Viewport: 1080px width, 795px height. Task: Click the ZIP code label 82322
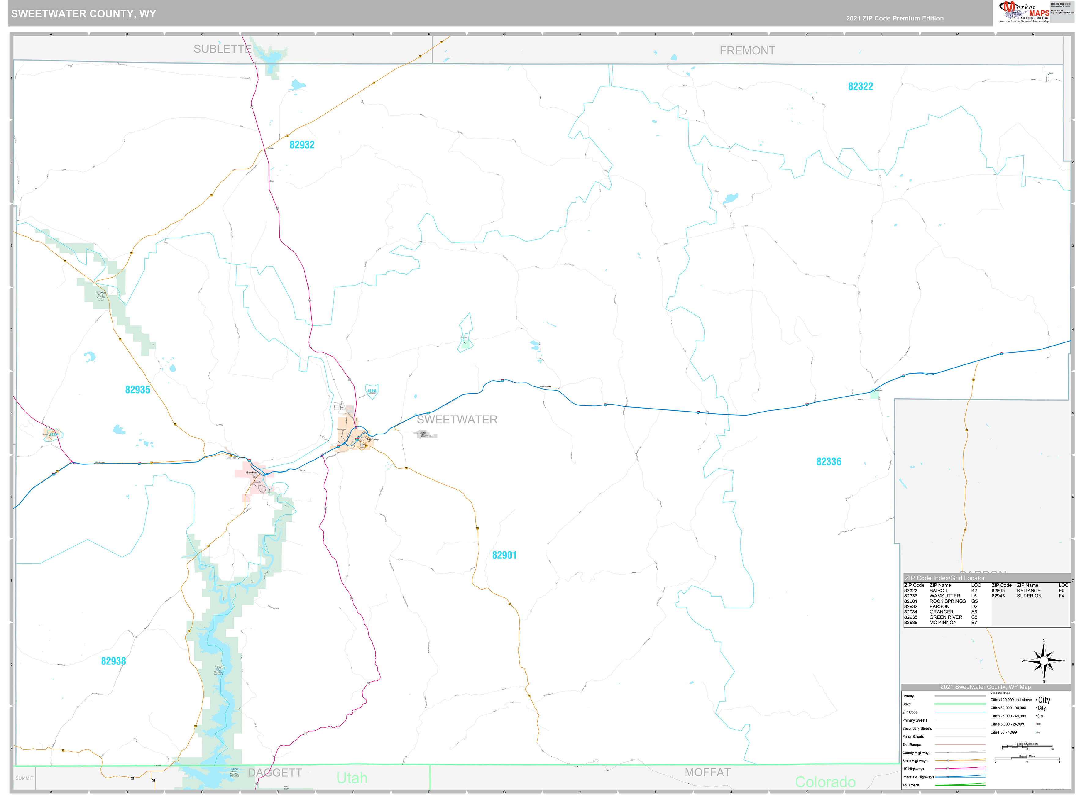click(860, 87)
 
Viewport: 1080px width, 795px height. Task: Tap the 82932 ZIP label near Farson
click(302, 145)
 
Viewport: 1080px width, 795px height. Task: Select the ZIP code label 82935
click(137, 390)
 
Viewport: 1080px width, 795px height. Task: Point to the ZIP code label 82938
click(113, 661)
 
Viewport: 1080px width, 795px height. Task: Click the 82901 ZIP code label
click(504, 555)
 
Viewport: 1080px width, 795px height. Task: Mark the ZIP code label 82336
click(828, 462)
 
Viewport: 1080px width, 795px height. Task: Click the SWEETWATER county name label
click(457, 420)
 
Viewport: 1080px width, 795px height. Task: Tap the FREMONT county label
click(747, 50)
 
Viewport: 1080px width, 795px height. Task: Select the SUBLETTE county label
click(222, 49)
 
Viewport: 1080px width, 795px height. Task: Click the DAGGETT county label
click(275, 773)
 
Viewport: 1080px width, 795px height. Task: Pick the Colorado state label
click(825, 782)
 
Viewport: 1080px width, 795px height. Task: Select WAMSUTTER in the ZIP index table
click(944, 596)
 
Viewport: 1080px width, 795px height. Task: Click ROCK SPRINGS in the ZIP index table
click(947, 601)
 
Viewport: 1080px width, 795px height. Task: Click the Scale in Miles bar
click(1026, 761)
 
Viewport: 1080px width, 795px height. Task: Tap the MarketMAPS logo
click(1024, 12)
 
